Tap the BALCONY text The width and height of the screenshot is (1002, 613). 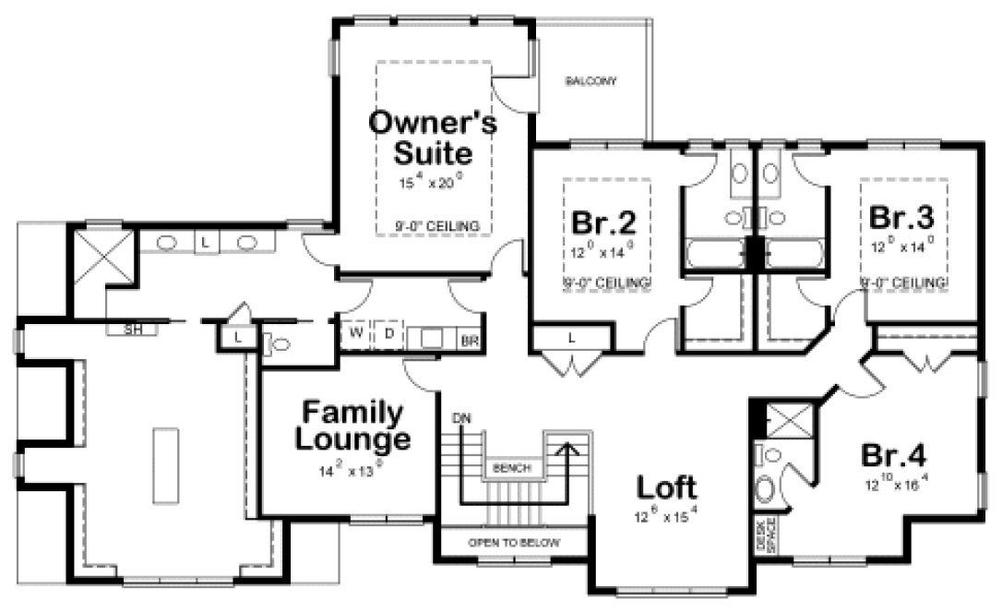590,81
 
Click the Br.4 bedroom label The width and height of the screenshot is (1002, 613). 893,456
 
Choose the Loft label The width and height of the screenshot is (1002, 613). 666,487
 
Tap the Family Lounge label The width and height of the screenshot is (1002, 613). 351,426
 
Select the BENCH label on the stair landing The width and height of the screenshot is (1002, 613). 511,469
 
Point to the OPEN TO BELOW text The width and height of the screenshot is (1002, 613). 513,543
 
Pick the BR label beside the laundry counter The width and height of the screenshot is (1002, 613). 469,341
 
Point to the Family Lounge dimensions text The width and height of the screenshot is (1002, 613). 349,470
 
